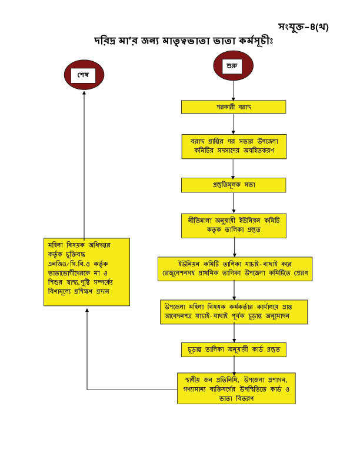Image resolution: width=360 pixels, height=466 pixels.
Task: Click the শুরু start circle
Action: coord(234,66)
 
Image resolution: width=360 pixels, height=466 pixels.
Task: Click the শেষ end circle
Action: coord(84,75)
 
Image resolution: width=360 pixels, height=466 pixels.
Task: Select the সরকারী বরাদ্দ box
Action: coord(234,107)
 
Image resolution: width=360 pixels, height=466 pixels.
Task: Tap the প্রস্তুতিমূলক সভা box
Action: coord(234,185)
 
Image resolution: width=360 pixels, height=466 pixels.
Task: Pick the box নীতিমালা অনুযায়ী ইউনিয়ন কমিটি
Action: coord(234,225)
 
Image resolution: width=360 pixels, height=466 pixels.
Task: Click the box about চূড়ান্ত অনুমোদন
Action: coord(234,312)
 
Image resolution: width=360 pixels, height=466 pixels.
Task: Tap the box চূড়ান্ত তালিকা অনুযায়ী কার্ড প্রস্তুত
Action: coord(234,349)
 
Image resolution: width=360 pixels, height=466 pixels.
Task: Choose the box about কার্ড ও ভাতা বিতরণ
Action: coord(235,387)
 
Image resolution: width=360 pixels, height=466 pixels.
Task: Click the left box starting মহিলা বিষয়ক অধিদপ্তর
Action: coord(87,271)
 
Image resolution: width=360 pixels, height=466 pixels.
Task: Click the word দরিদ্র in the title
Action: coord(109,42)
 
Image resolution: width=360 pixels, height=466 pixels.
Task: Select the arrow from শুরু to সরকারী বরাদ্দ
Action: coord(234,90)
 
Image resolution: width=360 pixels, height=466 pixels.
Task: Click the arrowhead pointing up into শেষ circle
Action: coord(84,94)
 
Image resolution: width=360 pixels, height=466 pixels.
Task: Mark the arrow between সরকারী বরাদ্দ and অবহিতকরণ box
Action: coord(234,125)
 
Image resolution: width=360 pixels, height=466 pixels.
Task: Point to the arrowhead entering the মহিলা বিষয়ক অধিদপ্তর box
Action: coord(87,309)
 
